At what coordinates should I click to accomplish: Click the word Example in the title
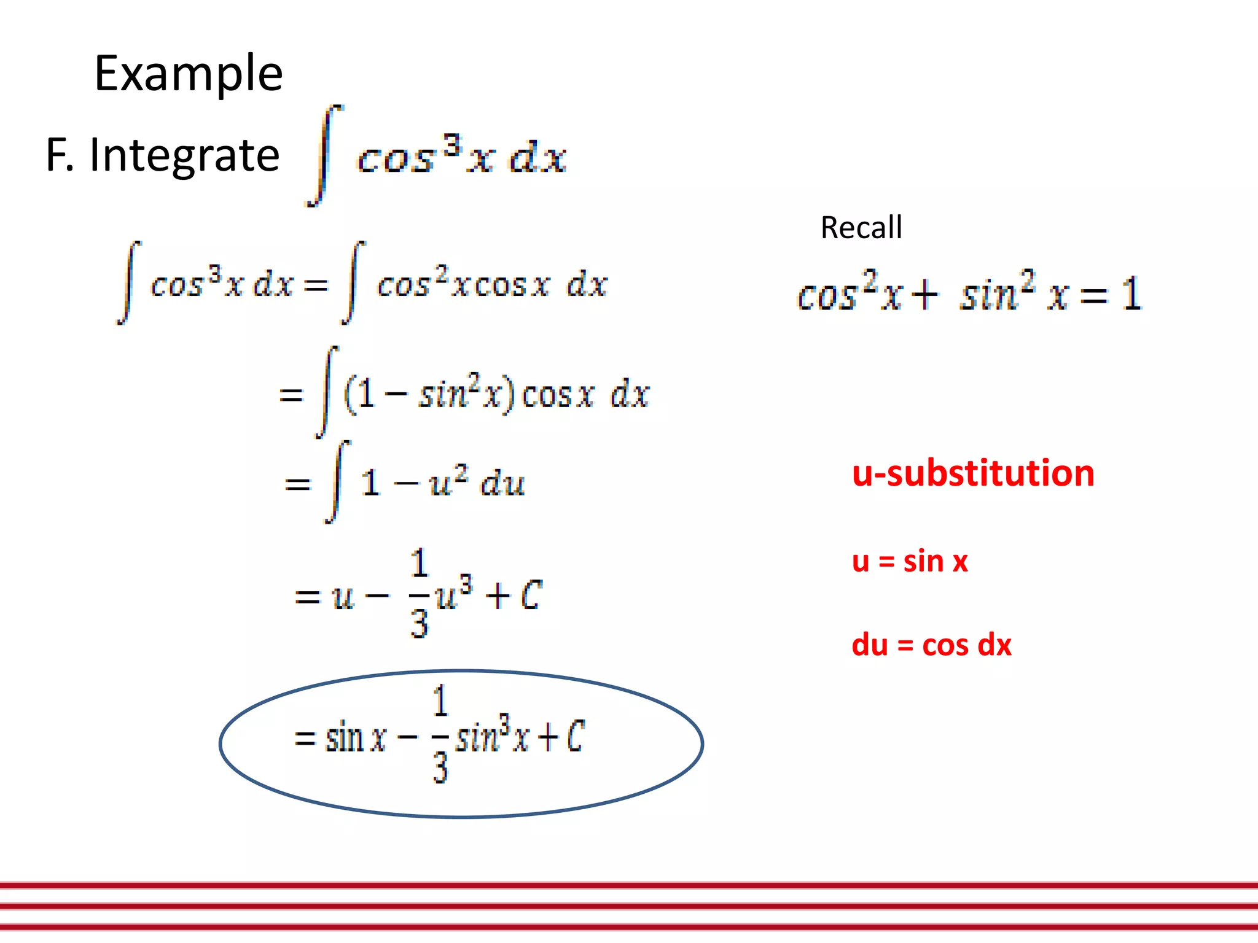(x=189, y=74)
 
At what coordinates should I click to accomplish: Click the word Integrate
(x=184, y=155)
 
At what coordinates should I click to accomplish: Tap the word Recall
(x=861, y=228)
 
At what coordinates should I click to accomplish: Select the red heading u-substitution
(x=973, y=473)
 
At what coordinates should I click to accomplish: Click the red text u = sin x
(x=910, y=561)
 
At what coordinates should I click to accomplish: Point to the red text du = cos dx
(x=931, y=645)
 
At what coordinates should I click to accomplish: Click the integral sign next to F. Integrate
(x=325, y=155)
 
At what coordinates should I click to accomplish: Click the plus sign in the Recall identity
(x=924, y=295)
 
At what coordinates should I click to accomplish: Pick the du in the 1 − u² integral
(x=503, y=483)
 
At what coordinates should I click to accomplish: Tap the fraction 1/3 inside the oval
(x=440, y=735)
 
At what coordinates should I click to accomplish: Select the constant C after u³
(x=531, y=595)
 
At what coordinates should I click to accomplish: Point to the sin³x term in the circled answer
(x=491, y=735)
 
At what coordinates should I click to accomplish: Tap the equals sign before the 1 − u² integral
(x=298, y=484)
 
